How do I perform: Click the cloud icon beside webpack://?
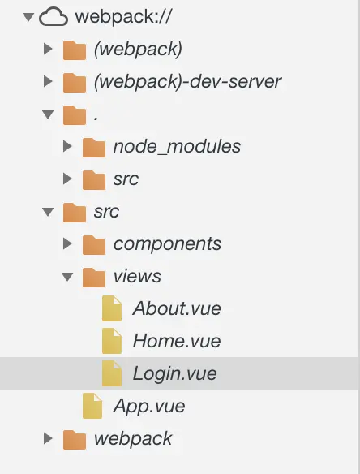pos(54,16)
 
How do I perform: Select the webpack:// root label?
pos(123,16)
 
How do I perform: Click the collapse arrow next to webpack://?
pos(28,17)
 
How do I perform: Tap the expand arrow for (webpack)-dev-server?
pos(48,81)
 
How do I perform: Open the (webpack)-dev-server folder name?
pos(187,82)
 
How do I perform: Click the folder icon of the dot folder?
pos(75,115)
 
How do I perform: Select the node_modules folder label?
pos(177,147)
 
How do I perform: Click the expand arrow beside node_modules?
pos(67,146)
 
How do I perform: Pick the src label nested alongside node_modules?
pos(126,179)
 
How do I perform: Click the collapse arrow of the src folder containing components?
pos(48,212)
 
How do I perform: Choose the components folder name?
pos(167,244)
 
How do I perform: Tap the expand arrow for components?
pos(67,243)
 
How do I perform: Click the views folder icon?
pos(94,278)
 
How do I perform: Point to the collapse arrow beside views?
pos(67,277)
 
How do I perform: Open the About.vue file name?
pos(177,308)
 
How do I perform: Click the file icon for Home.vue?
pos(112,341)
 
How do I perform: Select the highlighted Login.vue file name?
pos(175,373)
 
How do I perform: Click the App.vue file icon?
pos(92,406)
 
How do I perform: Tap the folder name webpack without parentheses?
pos(133,438)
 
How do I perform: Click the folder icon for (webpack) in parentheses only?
pos(75,50)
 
